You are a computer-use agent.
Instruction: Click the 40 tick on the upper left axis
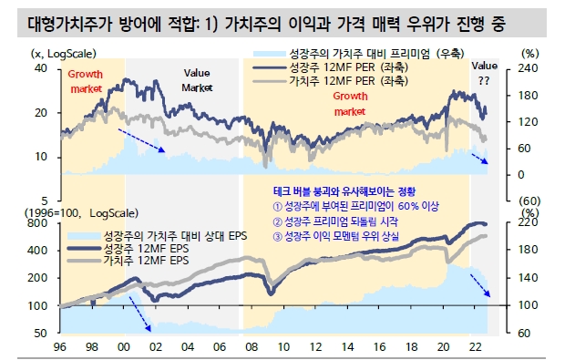click(x=42, y=68)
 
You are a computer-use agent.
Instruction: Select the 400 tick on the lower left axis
click(x=39, y=249)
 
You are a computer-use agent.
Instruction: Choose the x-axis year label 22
click(x=474, y=347)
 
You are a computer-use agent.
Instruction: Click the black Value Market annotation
click(x=196, y=79)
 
